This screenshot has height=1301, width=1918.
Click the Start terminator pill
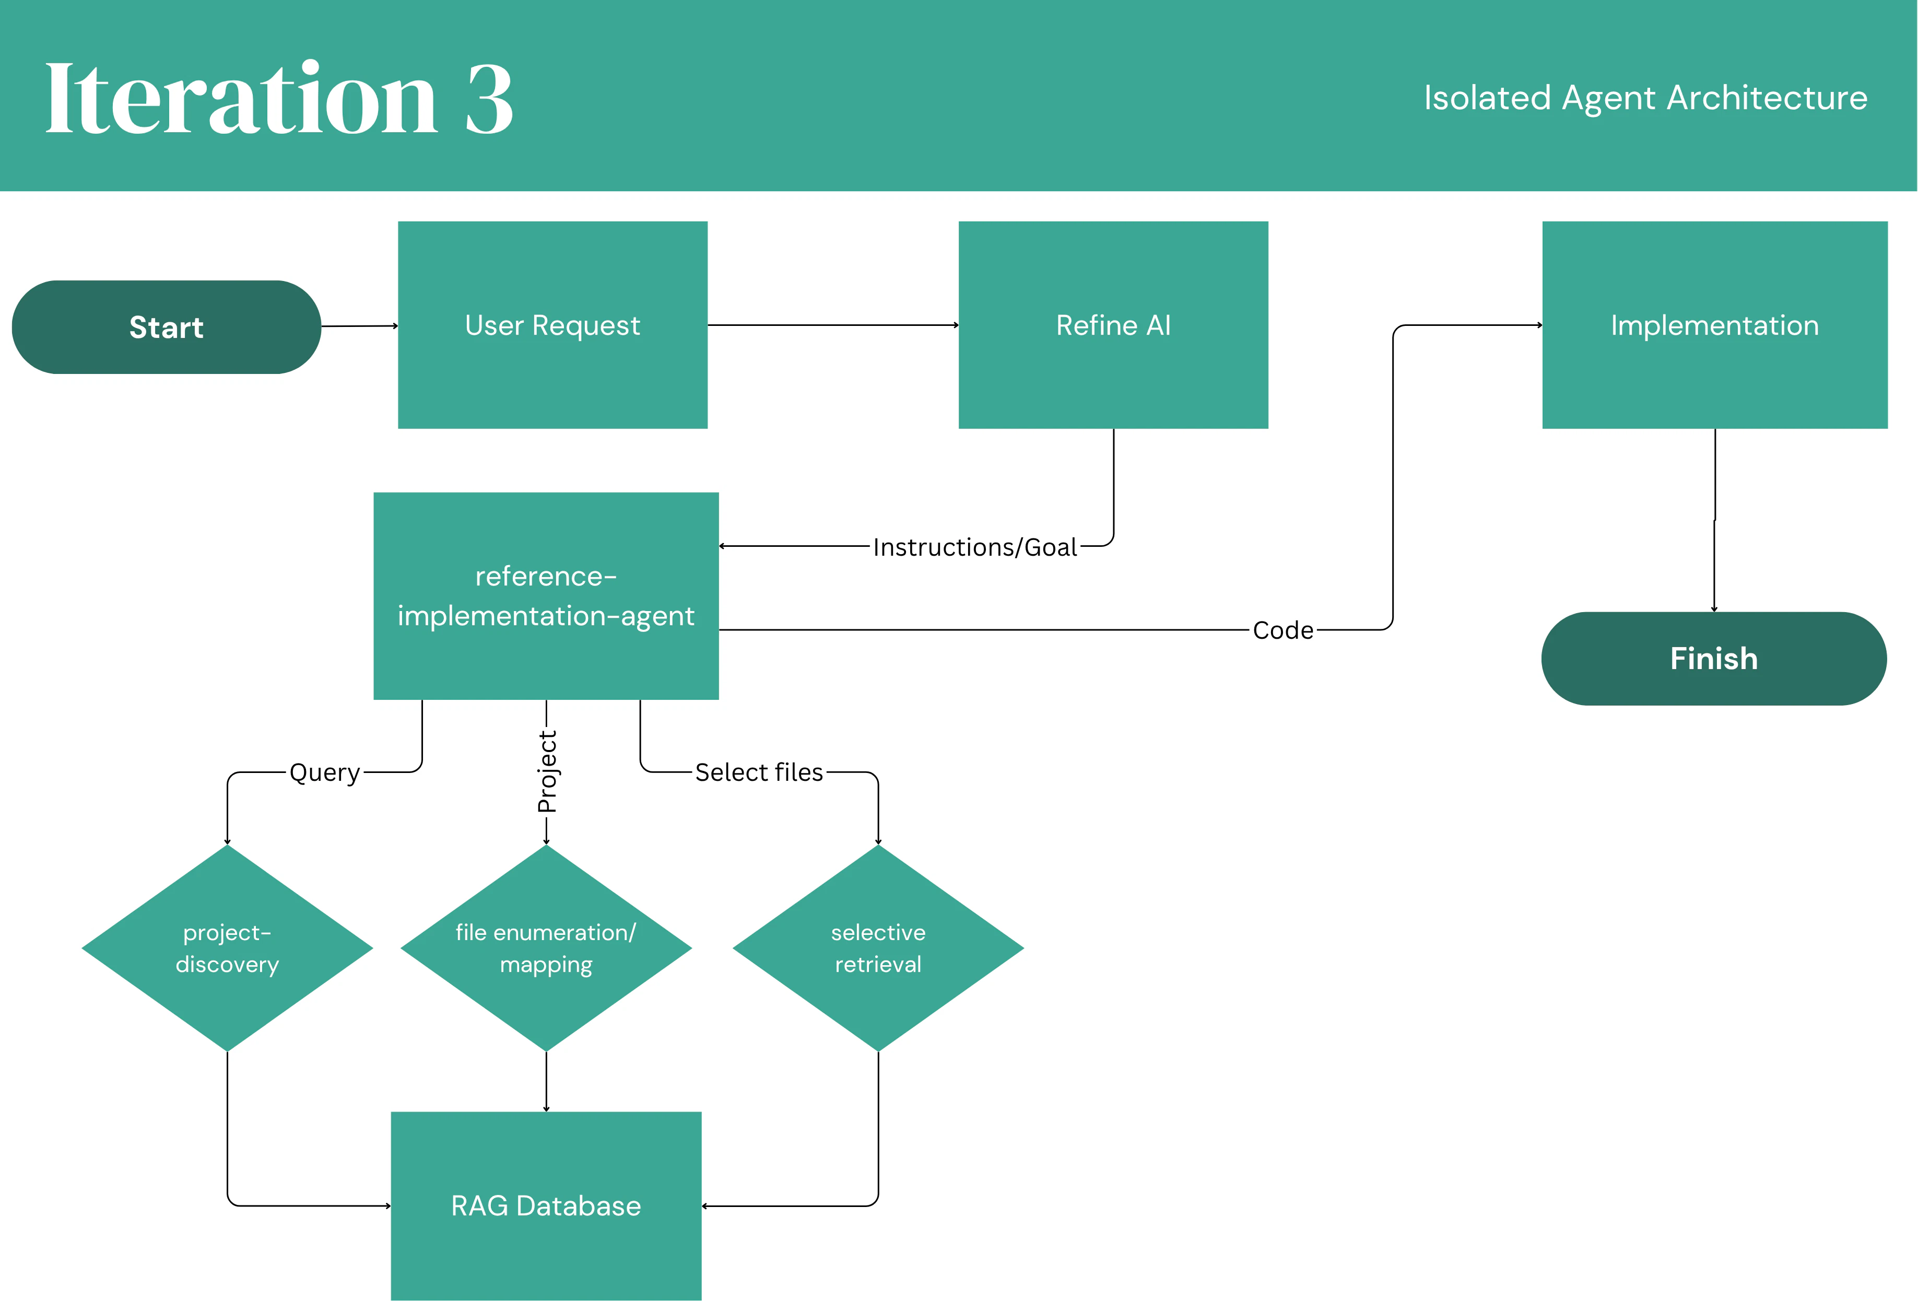pos(166,327)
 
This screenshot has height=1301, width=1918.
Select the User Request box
pos(552,324)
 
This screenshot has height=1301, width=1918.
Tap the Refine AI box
pos(1112,324)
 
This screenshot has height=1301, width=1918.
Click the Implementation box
pos(1714,324)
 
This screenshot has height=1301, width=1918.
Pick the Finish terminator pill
pos(1713,658)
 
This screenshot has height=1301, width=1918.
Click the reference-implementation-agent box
pos(546,595)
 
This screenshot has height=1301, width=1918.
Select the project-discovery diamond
pos(227,948)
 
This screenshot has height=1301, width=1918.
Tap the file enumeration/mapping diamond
pos(546,948)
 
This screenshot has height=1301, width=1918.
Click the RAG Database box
pos(546,1205)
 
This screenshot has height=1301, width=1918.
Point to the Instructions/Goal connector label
pos(975,546)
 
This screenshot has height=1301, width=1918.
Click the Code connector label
pos(1282,630)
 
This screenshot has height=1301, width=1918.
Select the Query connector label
pos(324,772)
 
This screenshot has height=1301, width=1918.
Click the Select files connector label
pos(758,772)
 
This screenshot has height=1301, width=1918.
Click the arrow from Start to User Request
pos(359,326)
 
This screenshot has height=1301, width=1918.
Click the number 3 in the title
pos(489,99)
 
